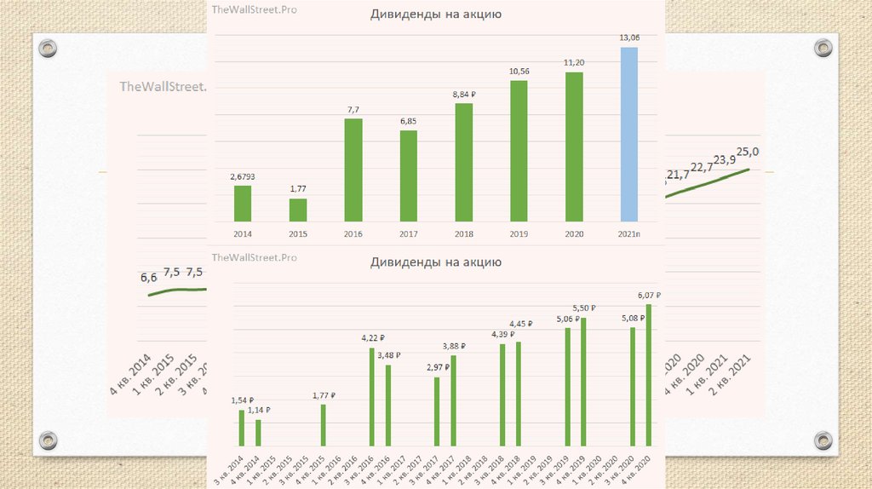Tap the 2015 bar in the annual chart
298,210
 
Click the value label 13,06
628,38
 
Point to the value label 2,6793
243,176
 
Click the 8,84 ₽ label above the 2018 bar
463,95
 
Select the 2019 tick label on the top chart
519,233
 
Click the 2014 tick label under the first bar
243,233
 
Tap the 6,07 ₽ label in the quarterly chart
649,296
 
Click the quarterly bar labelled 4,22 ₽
372,396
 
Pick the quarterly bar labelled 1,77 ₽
324,424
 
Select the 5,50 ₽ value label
583,308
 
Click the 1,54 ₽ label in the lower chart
243,400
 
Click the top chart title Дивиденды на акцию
435,14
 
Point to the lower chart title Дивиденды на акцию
435,262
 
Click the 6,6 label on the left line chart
149,278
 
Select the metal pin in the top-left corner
48,48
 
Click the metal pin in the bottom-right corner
823,440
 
